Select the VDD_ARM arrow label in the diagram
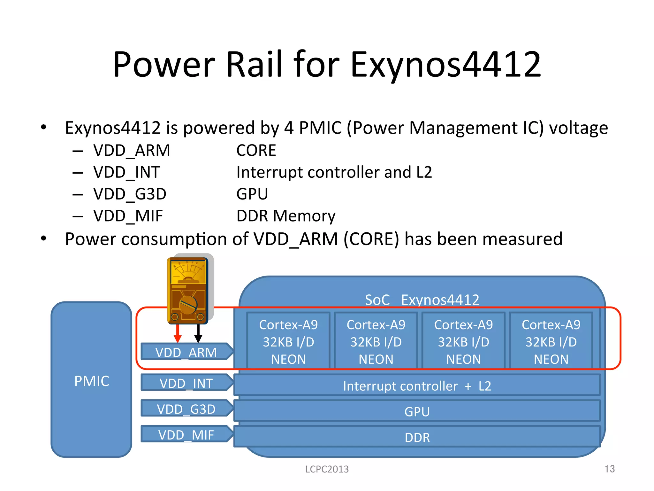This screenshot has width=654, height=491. coord(186,352)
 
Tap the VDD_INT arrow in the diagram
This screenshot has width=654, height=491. coord(186,383)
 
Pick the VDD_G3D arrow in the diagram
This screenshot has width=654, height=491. coord(186,409)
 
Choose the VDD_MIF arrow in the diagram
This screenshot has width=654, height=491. coord(186,434)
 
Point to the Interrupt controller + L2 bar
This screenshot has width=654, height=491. coord(417,386)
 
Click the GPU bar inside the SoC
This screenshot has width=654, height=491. coord(417,411)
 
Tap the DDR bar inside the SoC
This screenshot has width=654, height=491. coord(417,437)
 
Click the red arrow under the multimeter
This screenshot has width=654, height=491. coord(178,334)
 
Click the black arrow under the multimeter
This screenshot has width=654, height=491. coord(198,334)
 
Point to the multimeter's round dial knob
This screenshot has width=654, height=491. coord(188,305)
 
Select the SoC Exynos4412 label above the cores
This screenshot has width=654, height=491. coord(422,300)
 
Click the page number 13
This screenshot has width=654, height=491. coord(609,469)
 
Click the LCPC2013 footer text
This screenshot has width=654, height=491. coord(327,469)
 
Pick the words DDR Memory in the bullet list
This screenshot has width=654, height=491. coord(286,216)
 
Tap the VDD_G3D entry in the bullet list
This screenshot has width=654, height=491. coord(130,194)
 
